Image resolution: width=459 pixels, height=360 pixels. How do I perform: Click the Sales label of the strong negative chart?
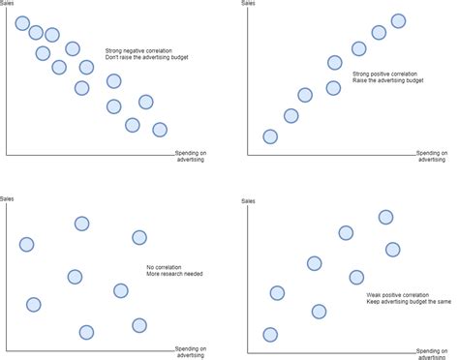click(8, 4)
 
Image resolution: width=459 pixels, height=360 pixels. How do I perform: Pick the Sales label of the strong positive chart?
click(248, 4)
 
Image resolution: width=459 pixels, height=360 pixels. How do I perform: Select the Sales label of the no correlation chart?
click(8, 199)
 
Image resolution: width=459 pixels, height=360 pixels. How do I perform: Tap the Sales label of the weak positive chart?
click(248, 200)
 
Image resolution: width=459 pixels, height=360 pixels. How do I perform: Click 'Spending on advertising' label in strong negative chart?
click(191, 156)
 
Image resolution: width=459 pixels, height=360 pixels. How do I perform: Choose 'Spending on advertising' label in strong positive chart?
click(433, 156)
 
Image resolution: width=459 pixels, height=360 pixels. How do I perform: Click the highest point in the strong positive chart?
click(398, 20)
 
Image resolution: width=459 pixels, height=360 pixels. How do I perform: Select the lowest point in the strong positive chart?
click(270, 136)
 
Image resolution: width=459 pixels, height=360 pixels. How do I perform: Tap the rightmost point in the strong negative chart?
click(160, 130)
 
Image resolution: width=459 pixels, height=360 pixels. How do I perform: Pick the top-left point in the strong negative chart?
click(22, 22)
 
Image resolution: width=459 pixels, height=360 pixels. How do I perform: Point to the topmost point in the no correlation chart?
click(82, 224)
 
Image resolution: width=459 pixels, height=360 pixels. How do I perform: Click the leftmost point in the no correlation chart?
click(26, 244)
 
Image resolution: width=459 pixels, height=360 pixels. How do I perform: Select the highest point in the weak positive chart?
click(385, 217)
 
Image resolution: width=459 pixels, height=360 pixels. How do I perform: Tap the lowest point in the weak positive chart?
click(270, 335)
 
